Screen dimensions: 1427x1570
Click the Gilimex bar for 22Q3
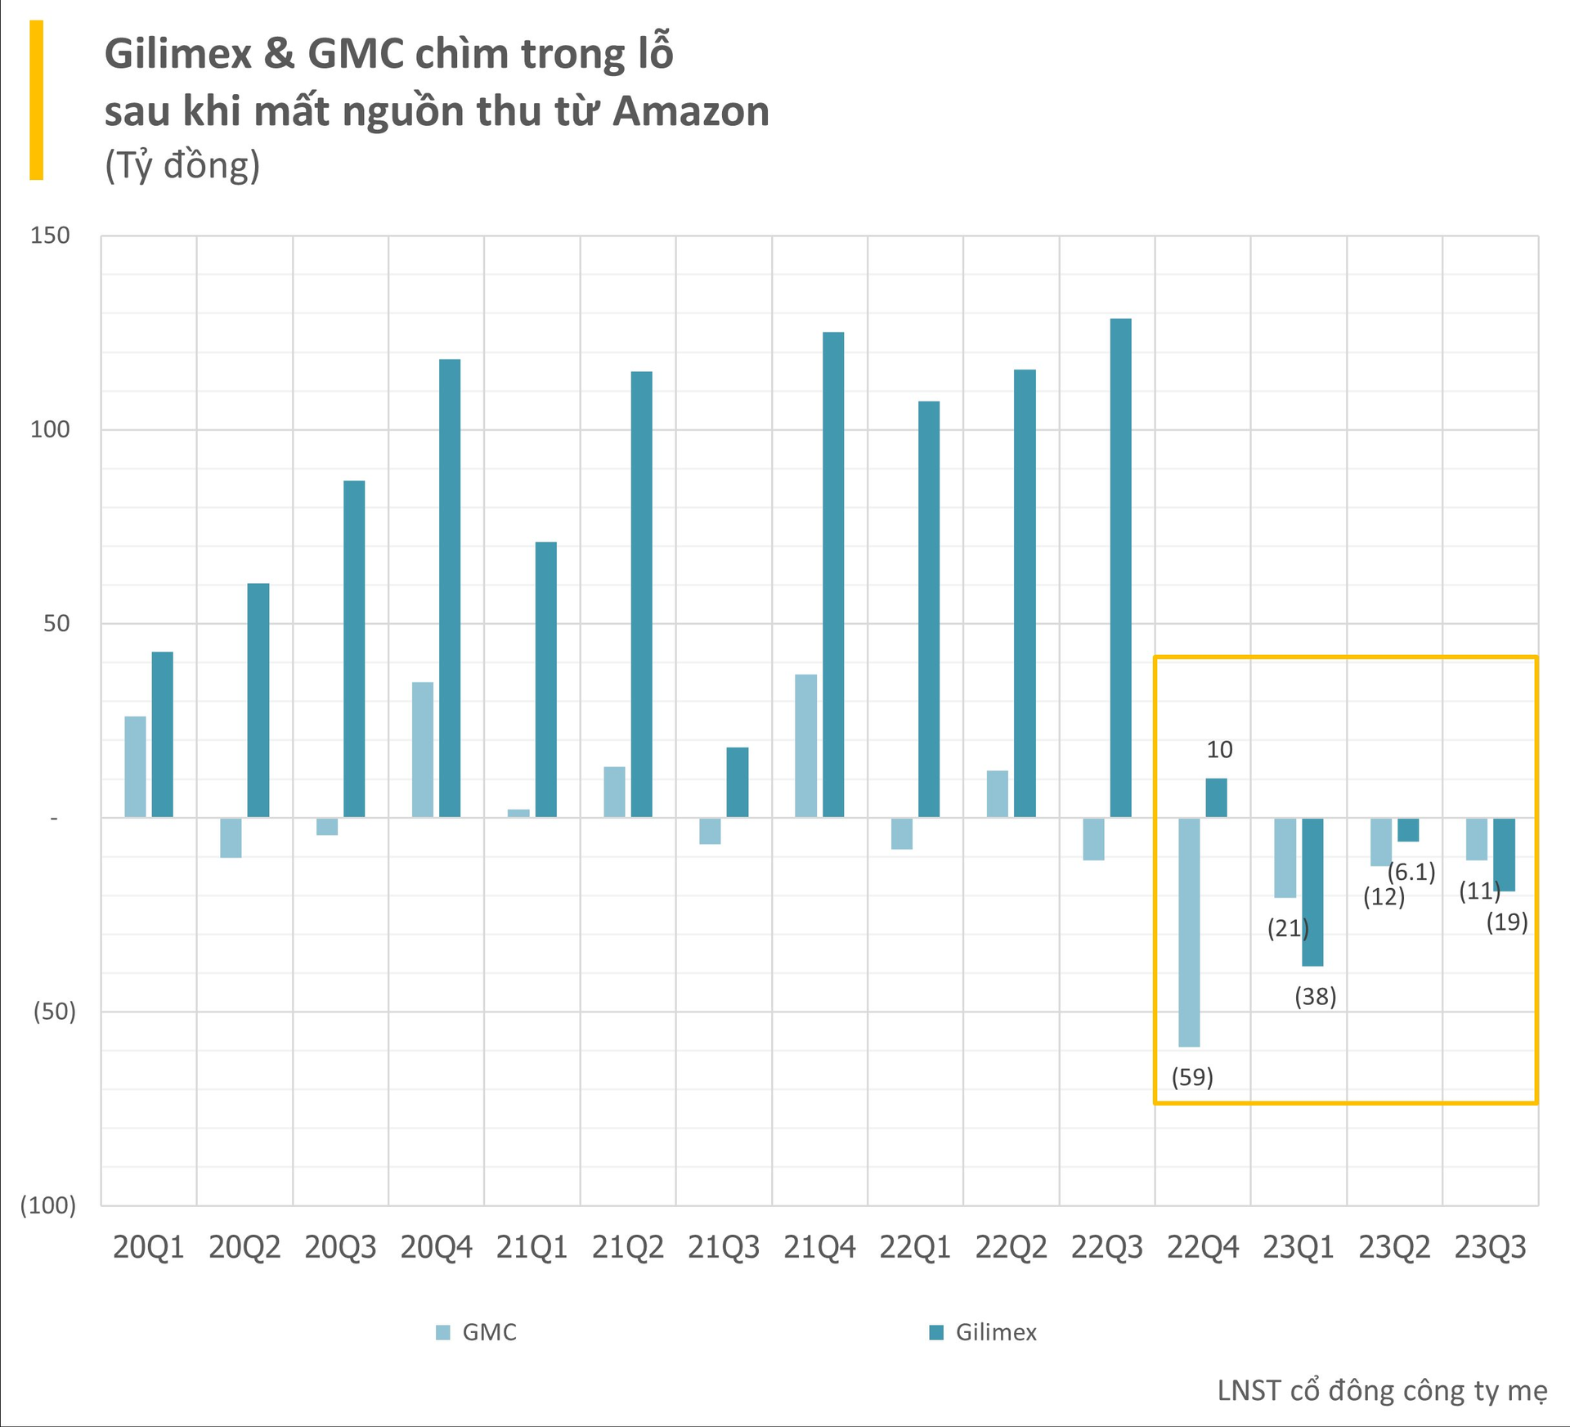tap(1120, 568)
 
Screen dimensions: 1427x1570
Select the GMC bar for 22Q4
tap(1189, 932)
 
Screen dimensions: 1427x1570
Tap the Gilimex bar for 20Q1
tap(162, 734)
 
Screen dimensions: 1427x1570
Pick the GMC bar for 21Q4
tap(805, 746)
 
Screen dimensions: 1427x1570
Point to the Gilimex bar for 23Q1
tap(1312, 891)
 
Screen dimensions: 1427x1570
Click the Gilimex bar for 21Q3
tap(737, 782)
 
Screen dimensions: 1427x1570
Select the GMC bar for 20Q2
tap(231, 837)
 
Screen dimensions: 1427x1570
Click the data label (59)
tap(1192, 1077)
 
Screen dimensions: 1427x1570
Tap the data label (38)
tap(1315, 997)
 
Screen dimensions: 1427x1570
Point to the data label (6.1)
tap(1411, 872)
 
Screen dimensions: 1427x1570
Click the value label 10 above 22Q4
tap(1219, 750)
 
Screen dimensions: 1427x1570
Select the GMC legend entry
tap(478, 1332)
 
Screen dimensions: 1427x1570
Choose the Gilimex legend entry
tap(984, 1332)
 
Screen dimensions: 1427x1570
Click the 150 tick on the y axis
tap(50, 236)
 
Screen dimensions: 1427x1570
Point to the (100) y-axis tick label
tap(47, 1205)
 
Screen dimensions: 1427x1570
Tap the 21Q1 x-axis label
tap(532, 1248)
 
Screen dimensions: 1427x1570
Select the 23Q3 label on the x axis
tap(1490, 1248)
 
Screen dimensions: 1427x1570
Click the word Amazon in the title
tap(691, 111)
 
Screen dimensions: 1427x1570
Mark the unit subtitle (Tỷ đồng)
tap(182, 165)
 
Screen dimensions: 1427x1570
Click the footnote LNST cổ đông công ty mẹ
tap(1382, 1391)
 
